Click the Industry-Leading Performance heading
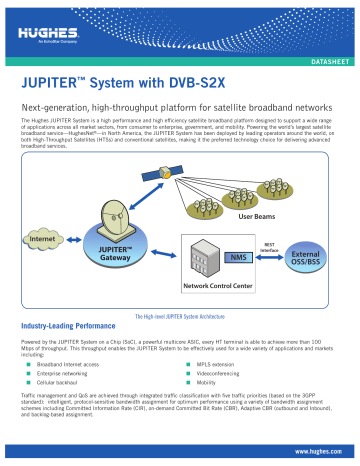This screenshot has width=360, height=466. tap(78, 326)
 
